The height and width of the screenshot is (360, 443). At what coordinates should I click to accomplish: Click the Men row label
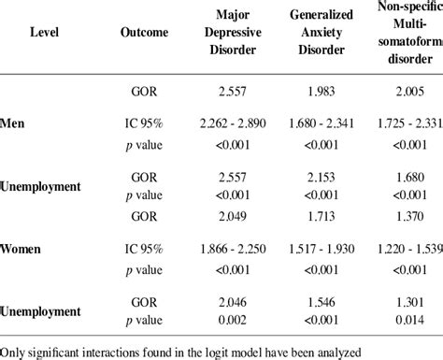click(x=13, y=123)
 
